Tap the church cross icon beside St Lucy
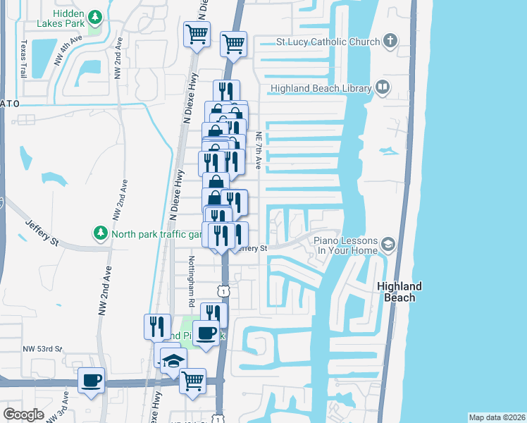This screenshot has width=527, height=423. [391, 42]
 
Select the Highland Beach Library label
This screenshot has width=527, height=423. [320, 88]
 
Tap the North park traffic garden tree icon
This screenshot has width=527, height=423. [101, 233]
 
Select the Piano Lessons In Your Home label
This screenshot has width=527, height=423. [347, 245]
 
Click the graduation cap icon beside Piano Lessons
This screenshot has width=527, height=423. [387, 245]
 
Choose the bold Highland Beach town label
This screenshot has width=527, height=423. [399, 292]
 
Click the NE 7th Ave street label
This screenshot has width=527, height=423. [259, 150]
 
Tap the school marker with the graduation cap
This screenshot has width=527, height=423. [173, 361]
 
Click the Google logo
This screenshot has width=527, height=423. [23, 414]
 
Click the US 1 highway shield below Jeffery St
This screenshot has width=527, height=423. [223, 290]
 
